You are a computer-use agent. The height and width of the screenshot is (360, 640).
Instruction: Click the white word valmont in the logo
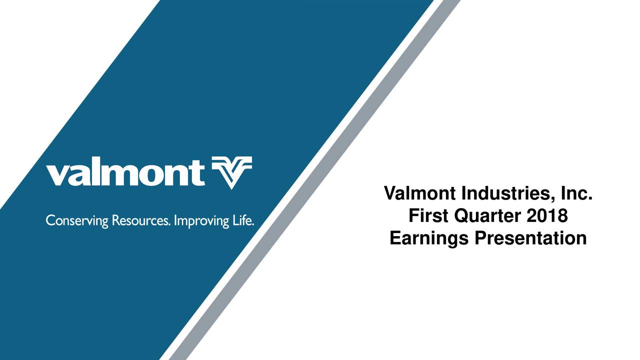[x=125, y=172]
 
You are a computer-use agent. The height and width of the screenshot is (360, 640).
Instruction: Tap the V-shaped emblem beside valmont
[x=231, y=172]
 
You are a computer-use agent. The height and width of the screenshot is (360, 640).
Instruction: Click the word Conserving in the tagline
[x=77, y=220]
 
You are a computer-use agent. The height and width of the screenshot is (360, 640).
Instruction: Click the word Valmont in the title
[x=419, y=192]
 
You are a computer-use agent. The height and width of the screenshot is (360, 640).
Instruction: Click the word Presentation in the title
[x=530, y=238]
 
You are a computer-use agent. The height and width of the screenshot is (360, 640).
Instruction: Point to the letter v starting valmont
[x=56, y=175]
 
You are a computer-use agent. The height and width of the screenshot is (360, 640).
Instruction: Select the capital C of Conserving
[x=50, y=220]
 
